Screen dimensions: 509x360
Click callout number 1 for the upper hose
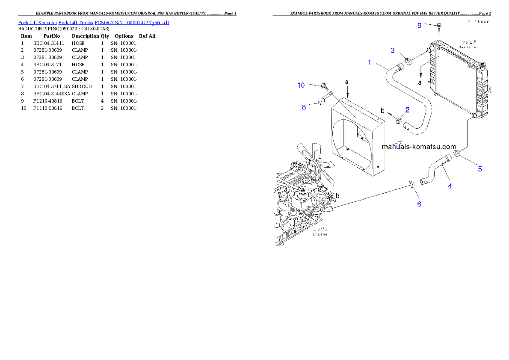pos(370,62)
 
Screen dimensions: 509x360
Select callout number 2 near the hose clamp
pos(407,110)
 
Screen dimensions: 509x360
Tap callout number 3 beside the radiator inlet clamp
pos(393,50)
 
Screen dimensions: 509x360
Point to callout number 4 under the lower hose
pos(450,186)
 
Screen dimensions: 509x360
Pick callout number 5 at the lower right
pos(480,169)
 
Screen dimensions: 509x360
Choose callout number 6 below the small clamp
pos(419,204)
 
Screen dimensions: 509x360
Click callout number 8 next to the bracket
pos(304,107)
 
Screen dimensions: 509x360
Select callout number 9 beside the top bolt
pos(420,26)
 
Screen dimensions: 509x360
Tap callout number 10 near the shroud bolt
pos(301,85)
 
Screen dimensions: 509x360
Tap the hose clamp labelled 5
pos(457,153)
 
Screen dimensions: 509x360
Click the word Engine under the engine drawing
pos(320,234)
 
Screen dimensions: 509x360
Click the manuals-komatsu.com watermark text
pos(419,146)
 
